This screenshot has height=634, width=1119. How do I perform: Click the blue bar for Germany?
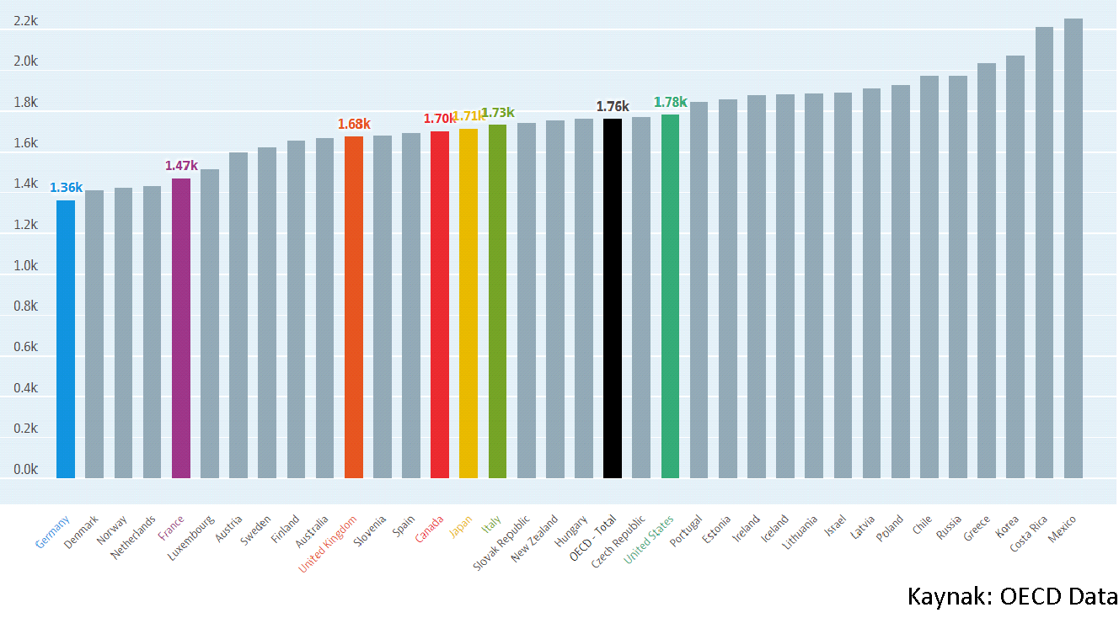click(66, 338)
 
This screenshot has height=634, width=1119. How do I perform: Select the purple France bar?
click(181, 328)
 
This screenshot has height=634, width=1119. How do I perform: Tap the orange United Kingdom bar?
click(354, 306)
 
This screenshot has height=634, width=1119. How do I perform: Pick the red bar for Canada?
click(440, 304)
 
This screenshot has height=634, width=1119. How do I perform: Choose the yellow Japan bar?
click(468, 303)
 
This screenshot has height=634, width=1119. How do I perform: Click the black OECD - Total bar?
click(613, 298)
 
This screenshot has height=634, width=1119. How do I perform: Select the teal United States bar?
click(670, 296)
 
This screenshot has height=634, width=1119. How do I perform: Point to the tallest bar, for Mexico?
click(1073, 248)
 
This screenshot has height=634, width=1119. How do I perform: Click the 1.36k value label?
click(66, 188)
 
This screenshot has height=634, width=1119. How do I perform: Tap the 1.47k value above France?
click(181, 166)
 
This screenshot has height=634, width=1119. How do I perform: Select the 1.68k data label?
click(354, 125)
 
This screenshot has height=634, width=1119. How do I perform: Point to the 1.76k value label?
click(613, 107)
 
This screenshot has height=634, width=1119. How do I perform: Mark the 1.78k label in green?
click(671, 103)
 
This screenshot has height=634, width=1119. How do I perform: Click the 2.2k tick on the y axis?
click(25, 21)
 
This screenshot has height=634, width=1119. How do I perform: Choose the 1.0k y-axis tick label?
click(25, 266)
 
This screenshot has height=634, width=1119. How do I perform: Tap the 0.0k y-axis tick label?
click(25, 470)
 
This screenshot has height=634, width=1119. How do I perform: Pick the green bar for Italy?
click(497, 301)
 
